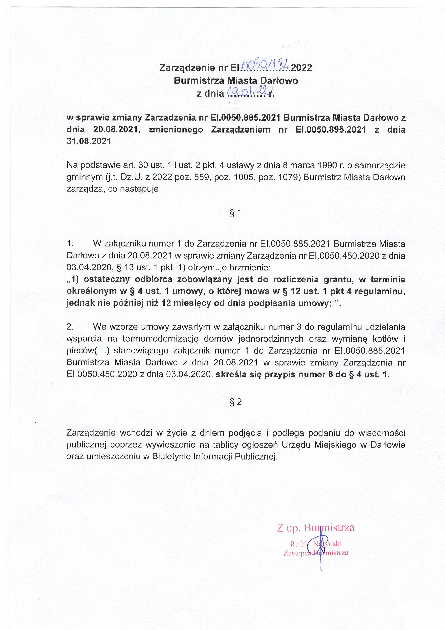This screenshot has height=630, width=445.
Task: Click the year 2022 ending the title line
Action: tap(302, 68)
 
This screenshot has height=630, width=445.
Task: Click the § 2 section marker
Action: tap(236, 402)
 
